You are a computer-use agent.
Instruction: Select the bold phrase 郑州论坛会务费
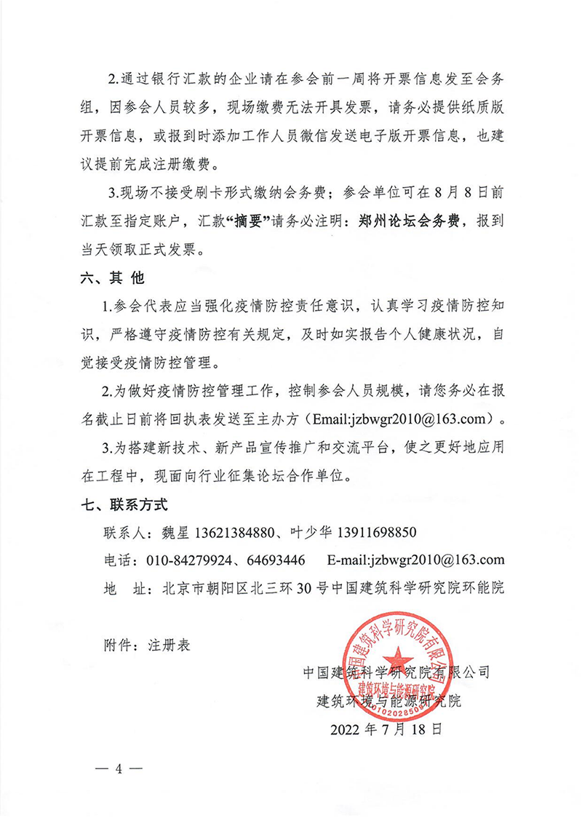pyautogui.click(x=411, y=222)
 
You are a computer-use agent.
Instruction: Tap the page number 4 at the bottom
pyautogui.click(x=116, y=770)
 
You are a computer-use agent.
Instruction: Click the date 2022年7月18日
pyautogui.click(x=386, y=728)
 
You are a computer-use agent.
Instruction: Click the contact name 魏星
pyautogui.click(x=174, y=532)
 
